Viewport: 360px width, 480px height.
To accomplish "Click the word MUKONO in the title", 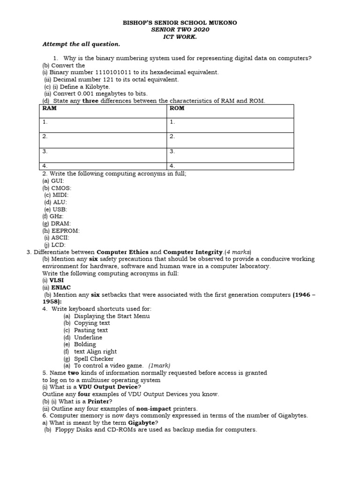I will click(x=224, y=22).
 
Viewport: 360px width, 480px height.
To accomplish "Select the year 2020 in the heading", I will click(x=201, y=30).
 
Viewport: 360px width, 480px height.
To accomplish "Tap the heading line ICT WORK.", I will click(x=180, y=37).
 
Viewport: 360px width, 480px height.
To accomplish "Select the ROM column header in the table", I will click(x=177, y=108).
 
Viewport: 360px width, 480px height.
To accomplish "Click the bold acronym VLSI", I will click(x=57, y=280).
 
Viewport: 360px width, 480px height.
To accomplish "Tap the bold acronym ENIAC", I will click(x=61, y=287).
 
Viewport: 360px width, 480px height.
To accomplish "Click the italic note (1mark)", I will click(x=159, y=366).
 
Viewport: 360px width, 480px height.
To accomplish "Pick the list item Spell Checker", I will click(x=94, y=359).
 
